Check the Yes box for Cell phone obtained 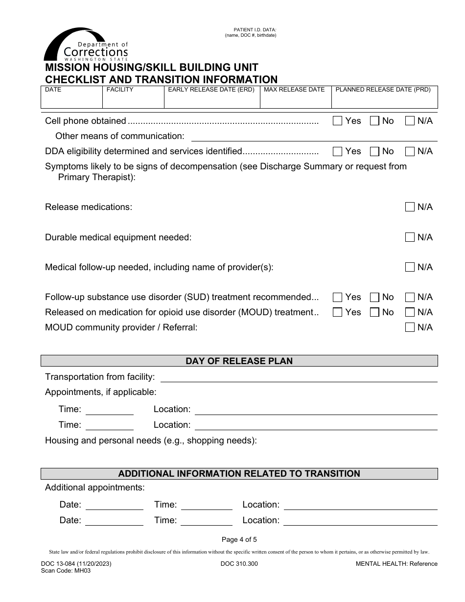(337, 121)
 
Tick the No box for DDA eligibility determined (374, 151)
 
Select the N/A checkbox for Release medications (410, 207)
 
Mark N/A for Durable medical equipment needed (410, 237)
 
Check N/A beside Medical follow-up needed (410, 267)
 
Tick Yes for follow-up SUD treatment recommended (337, 297)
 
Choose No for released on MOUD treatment (374, 312)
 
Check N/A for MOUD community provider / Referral (410, 327)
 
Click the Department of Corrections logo (86, 45)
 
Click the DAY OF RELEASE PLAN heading (239, 361)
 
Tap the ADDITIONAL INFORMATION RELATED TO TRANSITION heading (239, 474)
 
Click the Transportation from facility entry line (299, 377)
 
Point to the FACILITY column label (120, 90)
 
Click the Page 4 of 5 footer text (239, 540)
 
